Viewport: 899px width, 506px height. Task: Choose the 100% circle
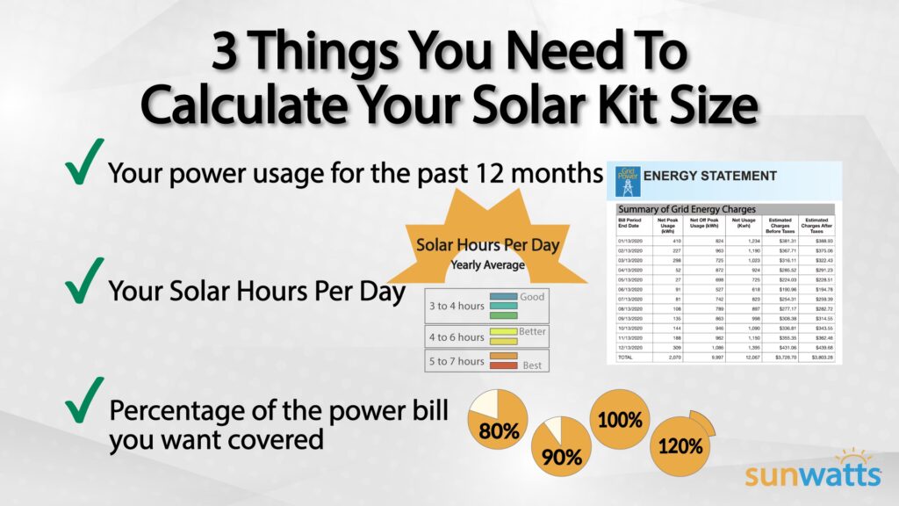point(619,418)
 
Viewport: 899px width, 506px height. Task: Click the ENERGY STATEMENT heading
point(710,176)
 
